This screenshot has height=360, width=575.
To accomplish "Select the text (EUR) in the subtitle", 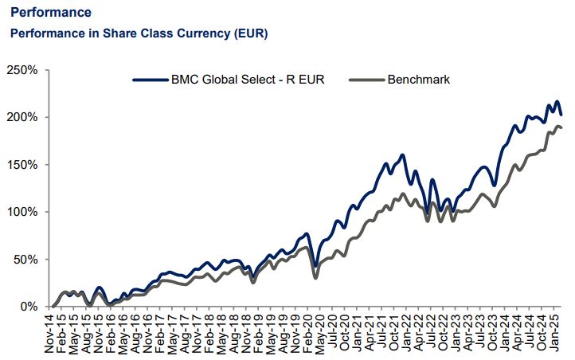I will tap(249, 33).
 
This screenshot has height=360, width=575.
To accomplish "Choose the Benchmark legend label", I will tap(418, 80).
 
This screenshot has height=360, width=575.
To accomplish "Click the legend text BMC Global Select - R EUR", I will tap(248, 80).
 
